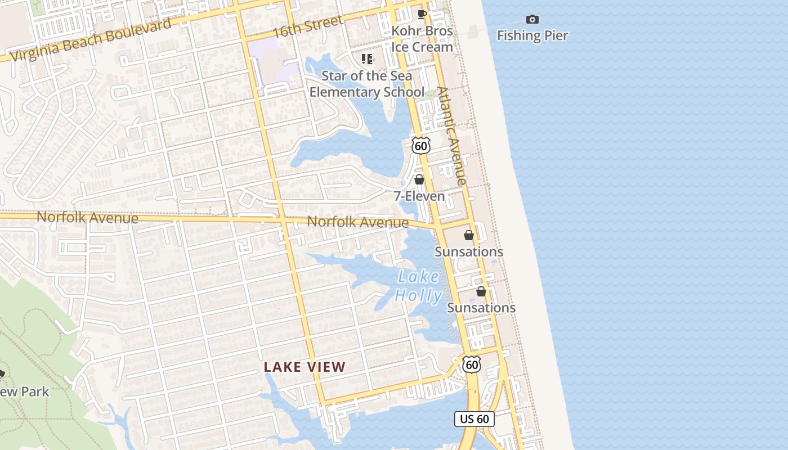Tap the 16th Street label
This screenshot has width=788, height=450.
pos(307,26)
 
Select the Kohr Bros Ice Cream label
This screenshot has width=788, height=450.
pos(422,39)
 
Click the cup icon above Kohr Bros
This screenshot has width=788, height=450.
pos(422,14)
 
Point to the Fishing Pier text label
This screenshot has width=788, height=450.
pos(532,35)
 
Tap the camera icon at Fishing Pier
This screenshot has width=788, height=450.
pos(532,20)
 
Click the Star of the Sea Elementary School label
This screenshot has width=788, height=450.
pos(367,84)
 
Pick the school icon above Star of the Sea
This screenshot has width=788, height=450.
pos(367,58)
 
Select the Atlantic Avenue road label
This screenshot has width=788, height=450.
pos(452,135)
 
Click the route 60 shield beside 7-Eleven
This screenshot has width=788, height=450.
pos(420,145)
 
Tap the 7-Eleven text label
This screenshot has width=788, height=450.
pos(419,196)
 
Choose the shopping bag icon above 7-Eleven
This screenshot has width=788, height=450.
pos(419,179)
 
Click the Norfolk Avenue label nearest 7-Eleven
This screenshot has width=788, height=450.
pos(358,222)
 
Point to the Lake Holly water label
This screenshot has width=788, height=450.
pos(418,286)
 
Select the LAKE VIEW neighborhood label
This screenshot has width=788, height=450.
pos(305,367)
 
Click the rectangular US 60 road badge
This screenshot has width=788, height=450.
pos(474,419)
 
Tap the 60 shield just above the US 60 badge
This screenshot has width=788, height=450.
pos(472,364)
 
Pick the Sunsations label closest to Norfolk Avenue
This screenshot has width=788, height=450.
pos(469,252)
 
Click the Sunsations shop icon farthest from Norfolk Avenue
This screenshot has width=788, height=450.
pos(481,291)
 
